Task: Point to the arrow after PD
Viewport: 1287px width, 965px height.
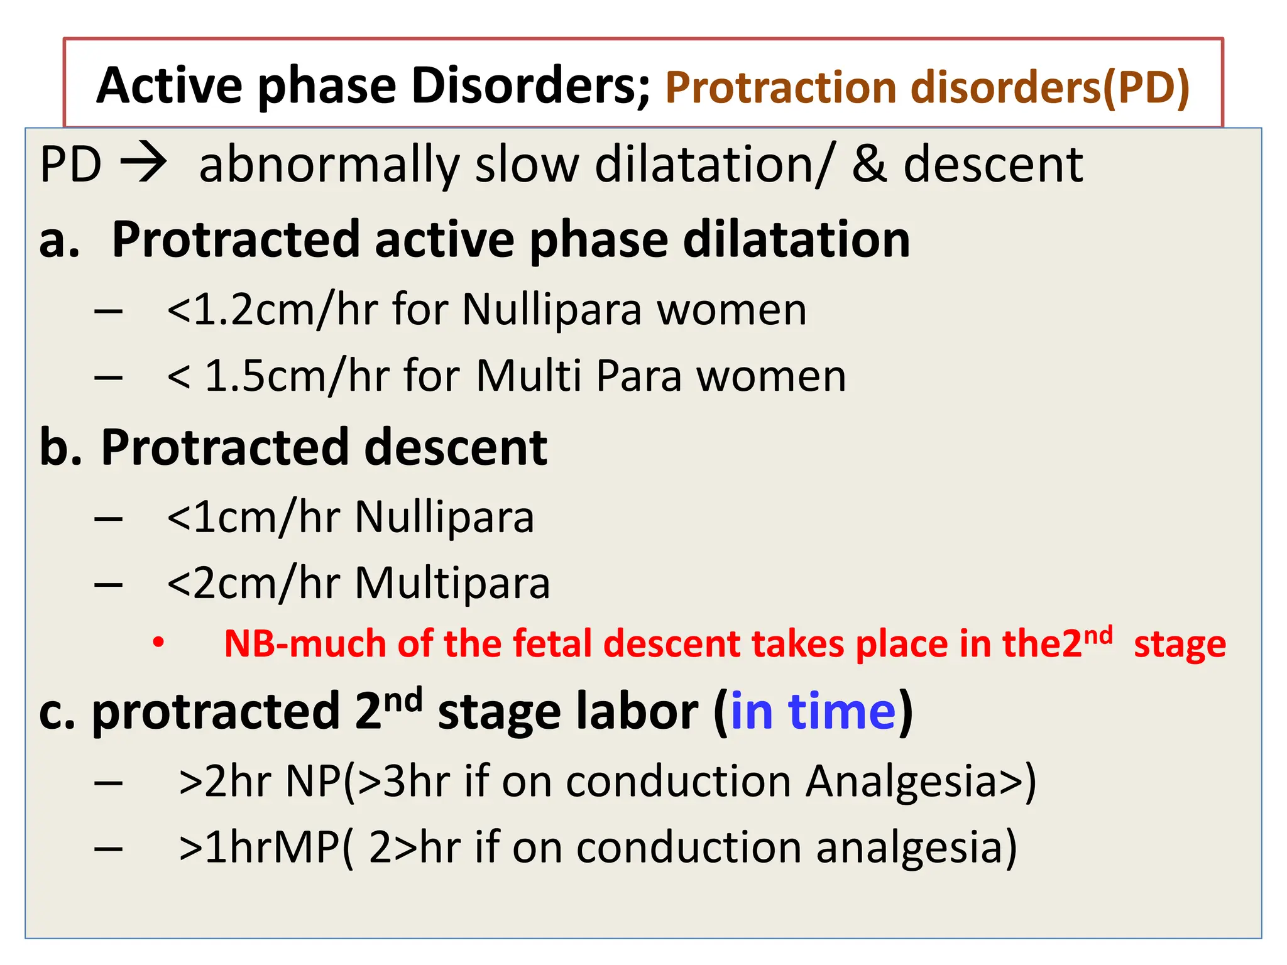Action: [144, 163]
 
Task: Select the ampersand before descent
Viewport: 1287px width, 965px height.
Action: [869, 165]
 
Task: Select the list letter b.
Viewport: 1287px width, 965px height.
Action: [60, 447]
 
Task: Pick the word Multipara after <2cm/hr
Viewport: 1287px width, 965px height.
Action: [452, 584]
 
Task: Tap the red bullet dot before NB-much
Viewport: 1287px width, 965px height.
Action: [158, 642]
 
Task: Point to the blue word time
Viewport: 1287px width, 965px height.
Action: [841, 712]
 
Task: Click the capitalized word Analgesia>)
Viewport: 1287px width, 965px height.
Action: [921, 782]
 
